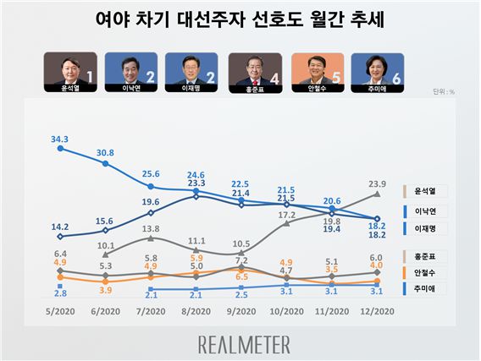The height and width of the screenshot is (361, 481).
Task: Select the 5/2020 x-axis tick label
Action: [x=60, y=312]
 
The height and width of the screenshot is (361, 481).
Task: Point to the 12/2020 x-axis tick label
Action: [x=377, y=312]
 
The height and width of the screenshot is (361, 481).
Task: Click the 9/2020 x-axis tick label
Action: [x=241, y=312]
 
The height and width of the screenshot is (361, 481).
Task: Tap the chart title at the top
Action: [x=240, y=19]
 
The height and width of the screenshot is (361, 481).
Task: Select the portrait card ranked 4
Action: [x=256, y=68]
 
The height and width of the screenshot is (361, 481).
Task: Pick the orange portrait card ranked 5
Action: [x=318, y=68]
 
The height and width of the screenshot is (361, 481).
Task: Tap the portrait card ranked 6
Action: [x=379, y=68]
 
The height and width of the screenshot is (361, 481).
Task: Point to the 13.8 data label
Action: [x=151, y=228]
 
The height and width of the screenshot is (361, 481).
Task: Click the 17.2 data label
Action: [x=286, y=215]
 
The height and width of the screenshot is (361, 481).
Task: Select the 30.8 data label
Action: [x=106, y=152]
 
